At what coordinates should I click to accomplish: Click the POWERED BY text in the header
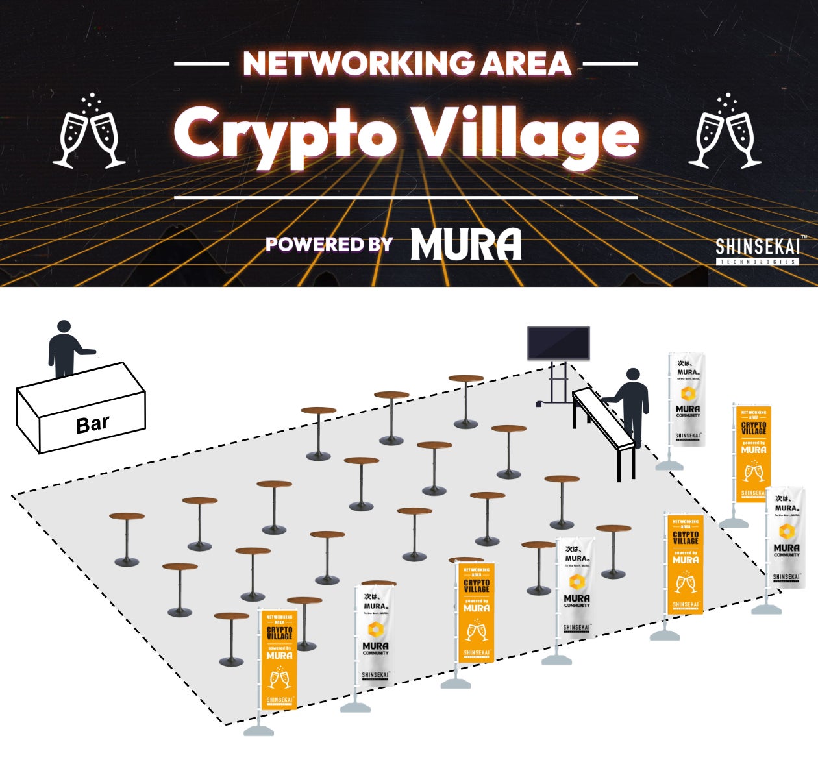(x=329, y=244)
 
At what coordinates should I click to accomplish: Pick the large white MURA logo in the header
(x=465, y=245)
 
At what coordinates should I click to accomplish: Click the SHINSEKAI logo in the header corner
(x=757, y=247)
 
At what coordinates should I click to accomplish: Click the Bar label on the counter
(x=92, y=424)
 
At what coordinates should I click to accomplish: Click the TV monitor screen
(x=558, y=343)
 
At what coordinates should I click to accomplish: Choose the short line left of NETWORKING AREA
(x=201, y=64)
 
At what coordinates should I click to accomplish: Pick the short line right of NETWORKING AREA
(x=610, y=64)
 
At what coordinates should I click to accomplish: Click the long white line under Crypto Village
(x=406, y=197)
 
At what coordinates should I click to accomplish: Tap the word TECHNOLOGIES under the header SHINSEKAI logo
(x=757, y=262)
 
